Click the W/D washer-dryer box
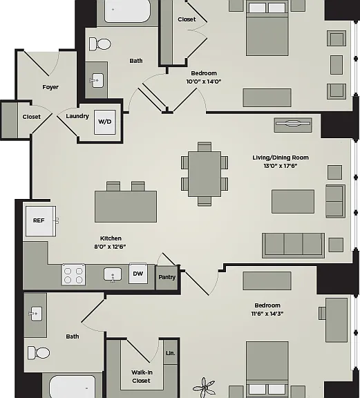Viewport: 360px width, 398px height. click(105, 122)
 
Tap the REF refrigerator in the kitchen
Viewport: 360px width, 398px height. click(41, 221)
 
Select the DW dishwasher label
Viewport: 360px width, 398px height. click(138, 274)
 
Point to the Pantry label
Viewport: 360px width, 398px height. click(167, 277)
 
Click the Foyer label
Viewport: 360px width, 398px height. click(50, 87)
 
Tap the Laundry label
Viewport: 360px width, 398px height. click(77, 116)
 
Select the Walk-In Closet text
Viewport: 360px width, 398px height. click(142, 377)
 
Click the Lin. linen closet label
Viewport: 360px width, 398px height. click(171, 353)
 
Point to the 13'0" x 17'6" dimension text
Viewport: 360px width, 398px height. click(281, 166)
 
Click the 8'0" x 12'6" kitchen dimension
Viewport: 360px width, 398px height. click(110, 247)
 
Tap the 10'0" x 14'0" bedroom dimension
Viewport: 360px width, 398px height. click(204, 82)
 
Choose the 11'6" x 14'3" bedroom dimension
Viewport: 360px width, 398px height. click(267, 314)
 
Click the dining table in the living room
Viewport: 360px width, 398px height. click(205, 174)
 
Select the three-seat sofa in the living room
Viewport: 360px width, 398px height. click(293, 245)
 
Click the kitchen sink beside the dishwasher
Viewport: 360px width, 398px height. click(113, 275)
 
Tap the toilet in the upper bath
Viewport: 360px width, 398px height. click(100, 44)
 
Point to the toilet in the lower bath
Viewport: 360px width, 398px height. click(39, 352)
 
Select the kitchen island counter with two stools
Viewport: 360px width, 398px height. click(126, 207)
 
